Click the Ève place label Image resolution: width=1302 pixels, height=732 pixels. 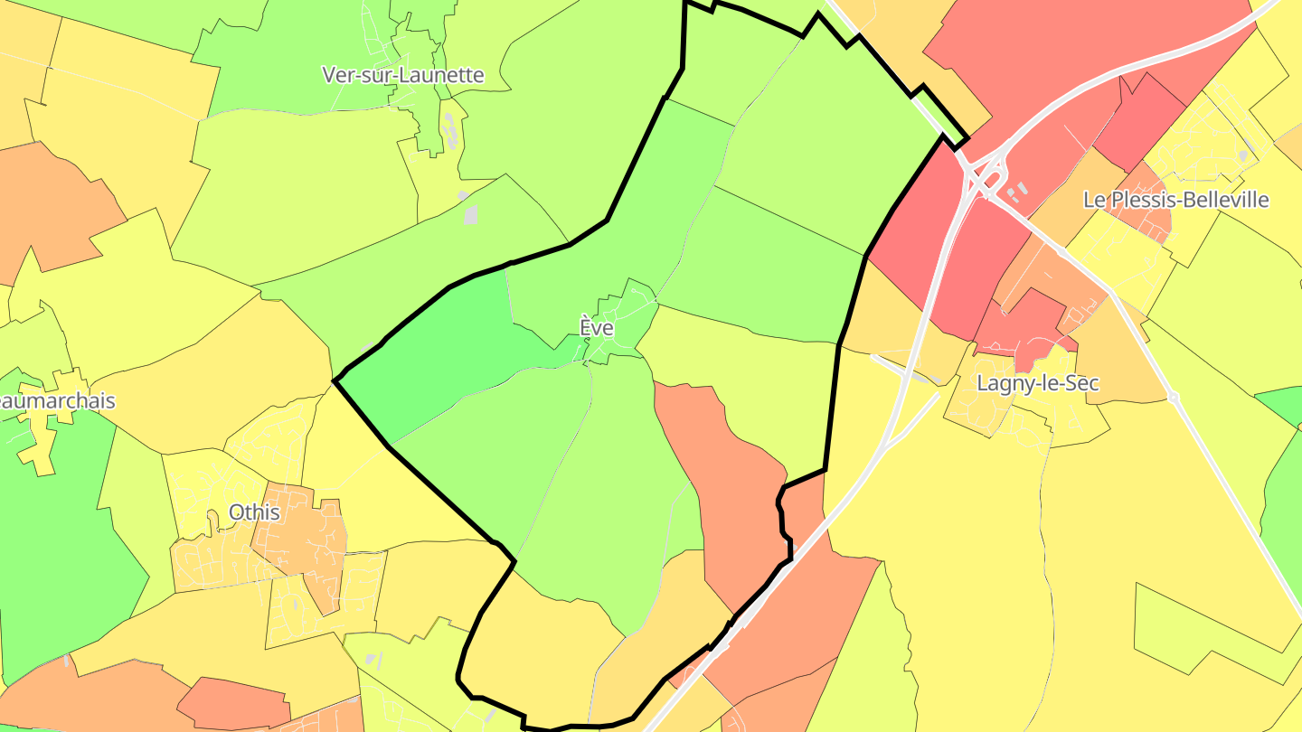pos(597,328)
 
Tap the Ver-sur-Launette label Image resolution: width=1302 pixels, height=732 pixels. pos(403,75)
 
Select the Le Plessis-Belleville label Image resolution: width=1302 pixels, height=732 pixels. pos(1175,200)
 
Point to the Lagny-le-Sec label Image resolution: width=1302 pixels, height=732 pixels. pos(1038,383)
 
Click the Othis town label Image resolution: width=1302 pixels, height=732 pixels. pos(254,512)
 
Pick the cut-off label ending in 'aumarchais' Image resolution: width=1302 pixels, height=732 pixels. pos(58,400)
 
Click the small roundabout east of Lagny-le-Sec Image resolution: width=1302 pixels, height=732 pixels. pos(1174,397)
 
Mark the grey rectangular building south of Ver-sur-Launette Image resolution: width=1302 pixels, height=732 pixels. pos(470,214)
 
